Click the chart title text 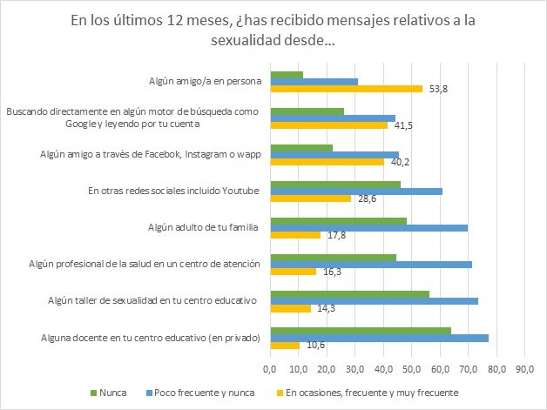click(273, 31)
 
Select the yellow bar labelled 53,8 click(347, 88)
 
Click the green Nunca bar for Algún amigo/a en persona click(287, 75)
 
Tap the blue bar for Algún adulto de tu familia click(369, 228)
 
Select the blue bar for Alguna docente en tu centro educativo click(380, 338)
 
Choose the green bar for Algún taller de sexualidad click(350, 293)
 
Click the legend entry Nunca click(110, 393)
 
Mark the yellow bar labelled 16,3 click(294, 271)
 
